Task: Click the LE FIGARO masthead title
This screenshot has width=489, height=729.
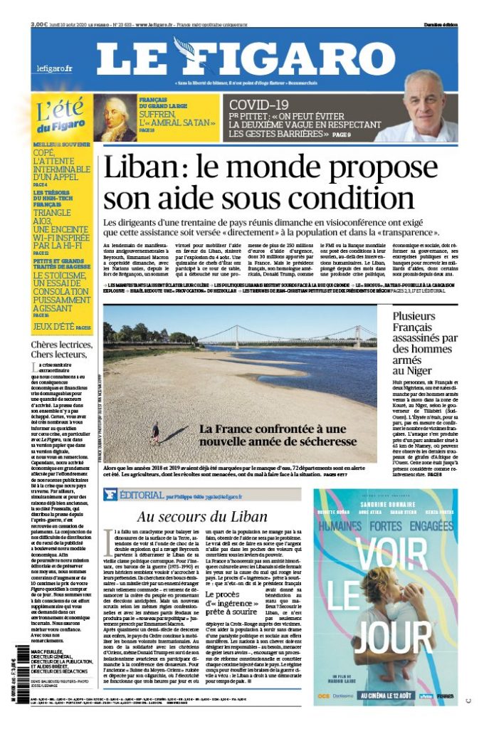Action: pyautogui.click(x=246, y=58)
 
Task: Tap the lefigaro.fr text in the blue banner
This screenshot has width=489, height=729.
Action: pyautogui.click(x=55, y=69)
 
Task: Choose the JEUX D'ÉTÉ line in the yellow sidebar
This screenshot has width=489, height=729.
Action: pyautogui.click(x=60, y=327)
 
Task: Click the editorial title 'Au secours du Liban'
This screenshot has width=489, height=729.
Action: pyautogui.click(x=202, y=517)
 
